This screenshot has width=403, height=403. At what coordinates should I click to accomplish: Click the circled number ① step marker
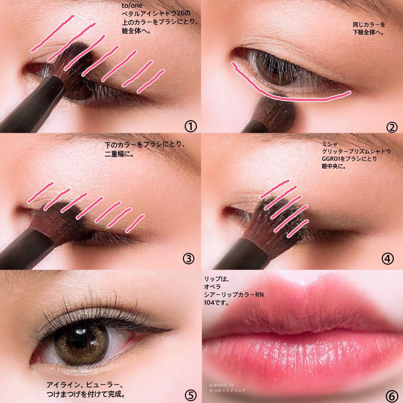pyautogui.click(x=190, y=126)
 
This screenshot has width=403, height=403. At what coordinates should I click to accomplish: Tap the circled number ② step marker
pyautogui.click(x=392, y=127)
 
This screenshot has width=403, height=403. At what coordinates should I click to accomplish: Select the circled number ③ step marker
pyautogui.click(x=189, y=259)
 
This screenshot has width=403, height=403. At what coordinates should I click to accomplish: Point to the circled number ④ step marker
pyautogui.click(x=388, y=259)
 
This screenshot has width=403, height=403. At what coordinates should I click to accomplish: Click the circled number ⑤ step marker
pyautogui.click(x=191, y=396)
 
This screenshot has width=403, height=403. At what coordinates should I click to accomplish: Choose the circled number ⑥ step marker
pyautogui.click(x=392, y=396)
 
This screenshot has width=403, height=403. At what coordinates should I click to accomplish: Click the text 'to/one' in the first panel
pyautogui.click(x=132, y=6)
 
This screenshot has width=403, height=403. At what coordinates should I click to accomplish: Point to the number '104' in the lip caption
pyautogui.click(x=209, y=303)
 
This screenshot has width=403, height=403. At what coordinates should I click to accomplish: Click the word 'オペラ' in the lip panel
pyautogui.click(x=212, y=287)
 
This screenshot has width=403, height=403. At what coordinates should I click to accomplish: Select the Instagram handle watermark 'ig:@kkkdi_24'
pyautogui.click(x=221, y=385)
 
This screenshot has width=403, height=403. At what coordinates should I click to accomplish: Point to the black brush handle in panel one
pyautogui.click(x=31, y=105)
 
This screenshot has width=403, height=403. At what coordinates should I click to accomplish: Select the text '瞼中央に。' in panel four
pyautogui.click(x=334, y=166)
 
